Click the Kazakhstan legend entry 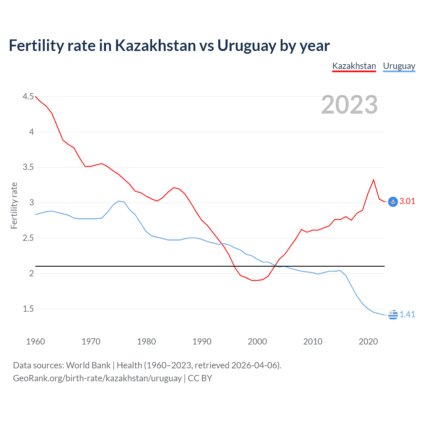coord(354,66)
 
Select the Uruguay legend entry coord(399,66)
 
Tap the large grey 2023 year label coord(349,105)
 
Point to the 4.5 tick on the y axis coord(28,96)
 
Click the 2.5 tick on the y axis coord(28,238)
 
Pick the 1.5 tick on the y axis coord(28,309)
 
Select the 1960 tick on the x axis coord(35,342)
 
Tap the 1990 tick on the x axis coord(202,342)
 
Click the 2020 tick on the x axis coord(368,342)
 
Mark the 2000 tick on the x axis coord(257,342)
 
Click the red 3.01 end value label coord(407,201)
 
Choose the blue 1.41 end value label coord(407,314)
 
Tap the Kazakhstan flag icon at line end coord(393,202)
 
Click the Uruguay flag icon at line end coord(393,315)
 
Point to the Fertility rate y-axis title coord(14,205)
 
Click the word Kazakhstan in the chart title coord(155,45)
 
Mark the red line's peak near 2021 coord(374,180)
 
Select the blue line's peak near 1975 coord(119,201)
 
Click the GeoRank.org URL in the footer coord(97,378)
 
